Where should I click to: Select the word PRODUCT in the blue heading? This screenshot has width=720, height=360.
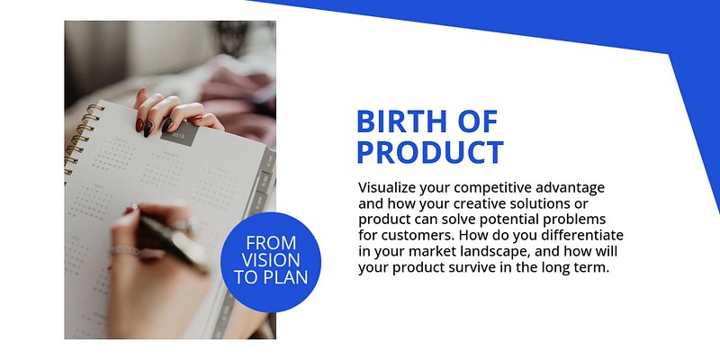coord(430,152)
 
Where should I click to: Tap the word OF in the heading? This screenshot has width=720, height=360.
coord(478,121)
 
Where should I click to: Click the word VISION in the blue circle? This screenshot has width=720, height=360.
coord(271,260)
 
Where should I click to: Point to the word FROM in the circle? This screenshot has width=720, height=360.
coord(271,242)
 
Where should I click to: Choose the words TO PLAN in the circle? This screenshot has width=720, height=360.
coord(271,277)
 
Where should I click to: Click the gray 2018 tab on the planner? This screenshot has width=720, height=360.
coord(179,133)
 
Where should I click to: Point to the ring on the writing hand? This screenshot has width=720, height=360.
coord(125,251)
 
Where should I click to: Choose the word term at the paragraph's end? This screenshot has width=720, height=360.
coord(594,268)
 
